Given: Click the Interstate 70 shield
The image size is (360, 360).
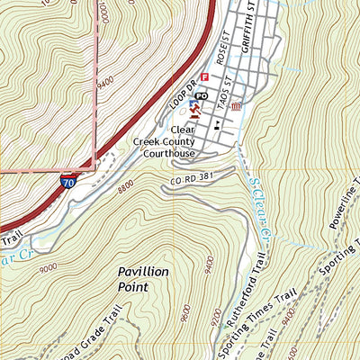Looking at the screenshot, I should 69,182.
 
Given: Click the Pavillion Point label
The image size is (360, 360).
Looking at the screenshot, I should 145,277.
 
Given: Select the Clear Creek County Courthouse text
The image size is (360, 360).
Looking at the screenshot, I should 164,141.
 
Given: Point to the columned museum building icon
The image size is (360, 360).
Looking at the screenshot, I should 237,107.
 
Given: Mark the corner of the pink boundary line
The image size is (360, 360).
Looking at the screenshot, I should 94,167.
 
